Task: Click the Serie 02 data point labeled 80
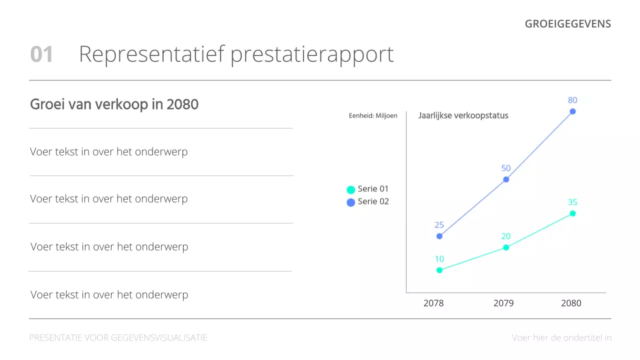573,111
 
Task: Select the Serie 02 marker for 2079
506,179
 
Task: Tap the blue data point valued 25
439,236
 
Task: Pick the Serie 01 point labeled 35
573,213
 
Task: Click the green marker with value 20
506,247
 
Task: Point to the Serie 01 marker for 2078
439,270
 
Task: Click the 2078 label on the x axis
433,303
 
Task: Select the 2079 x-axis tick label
503,303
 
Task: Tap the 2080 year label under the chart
571,303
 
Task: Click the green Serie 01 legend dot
351,190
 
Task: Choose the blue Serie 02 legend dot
351,202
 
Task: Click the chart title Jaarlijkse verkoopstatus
463,115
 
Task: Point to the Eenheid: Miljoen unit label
373,115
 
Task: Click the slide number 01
41,54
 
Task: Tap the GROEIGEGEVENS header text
567,24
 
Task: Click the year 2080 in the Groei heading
182,104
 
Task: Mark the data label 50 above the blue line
506,168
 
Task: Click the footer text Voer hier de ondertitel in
561,338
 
